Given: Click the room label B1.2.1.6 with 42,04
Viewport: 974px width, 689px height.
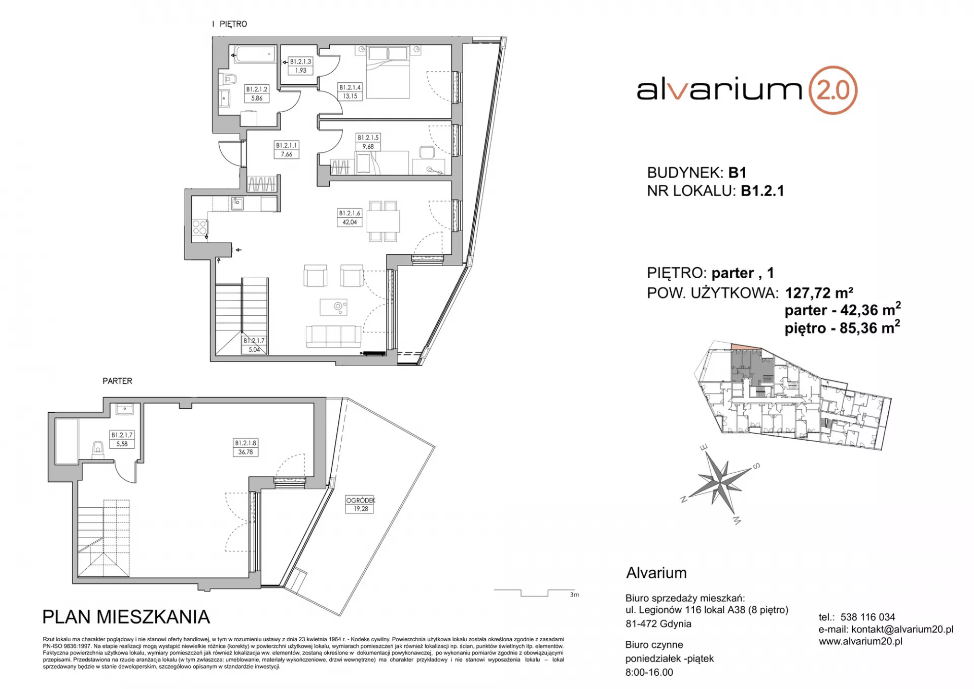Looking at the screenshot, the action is tap(350, 218).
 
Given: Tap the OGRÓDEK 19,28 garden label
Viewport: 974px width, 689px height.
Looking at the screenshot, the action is tap(361, 504).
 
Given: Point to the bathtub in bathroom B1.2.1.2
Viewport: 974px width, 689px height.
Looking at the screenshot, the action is tap(254, 54).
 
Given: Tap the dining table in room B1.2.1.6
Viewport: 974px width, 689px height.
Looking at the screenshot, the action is tap(383, 221).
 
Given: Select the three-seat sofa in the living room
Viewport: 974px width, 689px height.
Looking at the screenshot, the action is tap(333, 337).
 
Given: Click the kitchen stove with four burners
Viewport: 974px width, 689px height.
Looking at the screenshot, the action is tap(199, 227).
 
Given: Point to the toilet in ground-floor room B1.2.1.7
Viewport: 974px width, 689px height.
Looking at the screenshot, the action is tap(97, 449).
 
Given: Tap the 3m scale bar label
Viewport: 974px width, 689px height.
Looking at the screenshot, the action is tap(574, 595).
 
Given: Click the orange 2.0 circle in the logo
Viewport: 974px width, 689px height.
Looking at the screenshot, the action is tap(832, 90).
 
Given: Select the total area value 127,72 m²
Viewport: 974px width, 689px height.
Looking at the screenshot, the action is tap(819, 293).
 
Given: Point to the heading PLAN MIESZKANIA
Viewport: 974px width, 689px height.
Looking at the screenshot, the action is tap(126, 617).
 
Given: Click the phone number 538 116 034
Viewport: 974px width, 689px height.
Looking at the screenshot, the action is tap(867, 617).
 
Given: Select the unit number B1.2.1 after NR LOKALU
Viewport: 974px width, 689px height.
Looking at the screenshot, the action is tap(762, 191).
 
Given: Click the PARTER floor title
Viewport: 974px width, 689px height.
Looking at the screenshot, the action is tap(117, 381).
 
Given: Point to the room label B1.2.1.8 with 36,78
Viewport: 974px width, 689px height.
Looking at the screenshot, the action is tap(246, 447).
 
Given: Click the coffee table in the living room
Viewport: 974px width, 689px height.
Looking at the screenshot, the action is tap(333, 307).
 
